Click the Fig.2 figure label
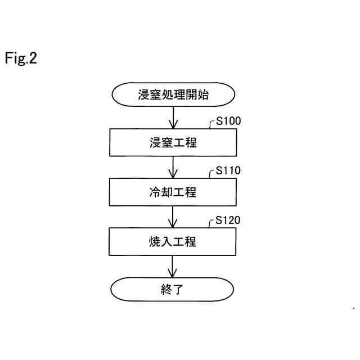pos(21,58)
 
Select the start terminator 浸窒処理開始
pos(173,94)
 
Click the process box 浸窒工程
pos(173,142)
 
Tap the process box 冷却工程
pos(173,192)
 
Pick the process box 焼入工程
pos(173,241)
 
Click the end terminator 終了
pos(173,290)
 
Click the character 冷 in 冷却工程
pos(148,192)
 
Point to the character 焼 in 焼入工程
pos(148,241)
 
